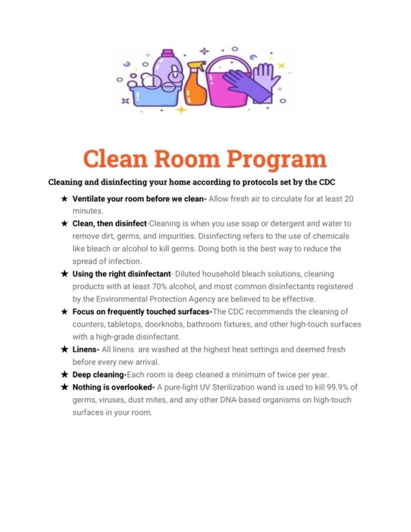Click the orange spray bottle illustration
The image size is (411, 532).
tap(196, 86)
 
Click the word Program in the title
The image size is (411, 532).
tap(277, 160)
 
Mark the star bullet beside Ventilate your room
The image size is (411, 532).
tap(64, 198)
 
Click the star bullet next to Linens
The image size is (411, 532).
tap(64, 350)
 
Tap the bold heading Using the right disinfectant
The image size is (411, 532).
tap(121, 274)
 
